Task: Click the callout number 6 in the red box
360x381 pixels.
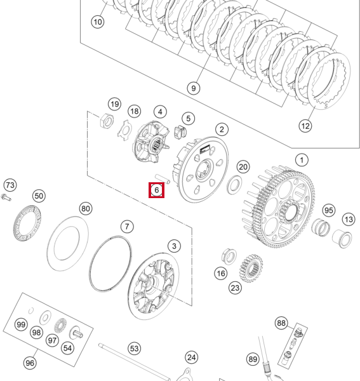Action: pyautogui.click(x=156, y=189)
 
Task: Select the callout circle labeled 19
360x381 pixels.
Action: pyautogui.click(x=114, y=104)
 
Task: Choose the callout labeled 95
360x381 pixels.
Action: pyautogui.click(x=328, y=210)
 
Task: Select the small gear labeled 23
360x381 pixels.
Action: pyautogui.click(x=251, y=268)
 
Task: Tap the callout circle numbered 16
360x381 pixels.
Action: pyautogui.click(x=220, y=274)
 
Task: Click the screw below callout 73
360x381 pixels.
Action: pyautogui.click(x=6, y=199)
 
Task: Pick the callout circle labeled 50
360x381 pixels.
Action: pyautogui.click(x=39, y=196)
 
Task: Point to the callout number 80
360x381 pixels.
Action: pyautogui.click(x=86, y=208)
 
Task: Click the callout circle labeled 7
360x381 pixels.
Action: pyautogui.click(x=127, y=227)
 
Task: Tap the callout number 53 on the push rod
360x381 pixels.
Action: pyautogui.click(x=134, y=349)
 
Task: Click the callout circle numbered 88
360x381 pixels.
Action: pyautogui.click(x=281, y=323)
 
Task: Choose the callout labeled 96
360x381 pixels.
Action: pyautogui.click(x=30, y=363)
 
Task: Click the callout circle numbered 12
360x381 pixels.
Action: pyautogui.click(x=305, y=126)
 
